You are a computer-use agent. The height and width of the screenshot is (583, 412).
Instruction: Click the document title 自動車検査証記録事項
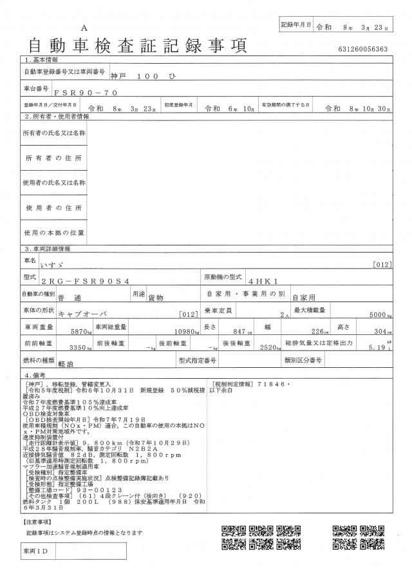136,46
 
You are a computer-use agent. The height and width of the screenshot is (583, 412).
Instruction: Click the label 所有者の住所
54,158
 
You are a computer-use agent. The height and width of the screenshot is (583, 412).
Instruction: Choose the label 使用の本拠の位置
54,232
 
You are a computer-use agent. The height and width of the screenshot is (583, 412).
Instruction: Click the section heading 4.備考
36,374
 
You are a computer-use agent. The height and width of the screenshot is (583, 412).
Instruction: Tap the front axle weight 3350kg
81,348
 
